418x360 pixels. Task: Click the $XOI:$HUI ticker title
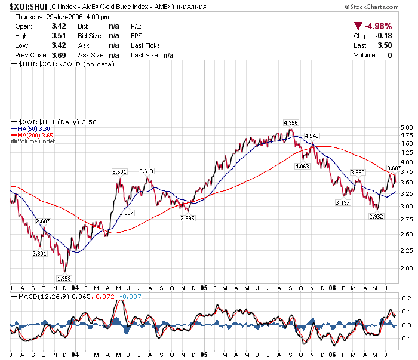point(29,6)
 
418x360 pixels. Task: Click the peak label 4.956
point(291,123)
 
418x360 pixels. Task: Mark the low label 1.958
point(64,278)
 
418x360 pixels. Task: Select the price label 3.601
point(119,172)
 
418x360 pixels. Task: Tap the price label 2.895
point(188,219)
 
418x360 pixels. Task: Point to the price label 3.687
point(394,168)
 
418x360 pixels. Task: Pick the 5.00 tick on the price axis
point(407,127)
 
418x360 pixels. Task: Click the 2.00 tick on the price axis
point(407,269)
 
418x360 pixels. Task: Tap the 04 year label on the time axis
point(75,287)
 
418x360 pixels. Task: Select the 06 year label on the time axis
point(332,287)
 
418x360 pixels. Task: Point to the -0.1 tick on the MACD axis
point(405,339)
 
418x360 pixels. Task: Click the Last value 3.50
point(385,45)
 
